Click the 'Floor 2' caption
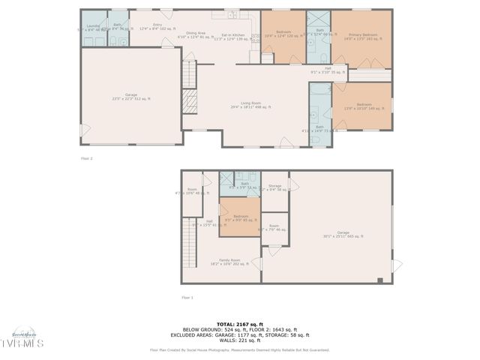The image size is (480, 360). point(86,159)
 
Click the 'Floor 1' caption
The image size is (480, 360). point(187,298)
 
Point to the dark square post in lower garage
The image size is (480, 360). point(380,280)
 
